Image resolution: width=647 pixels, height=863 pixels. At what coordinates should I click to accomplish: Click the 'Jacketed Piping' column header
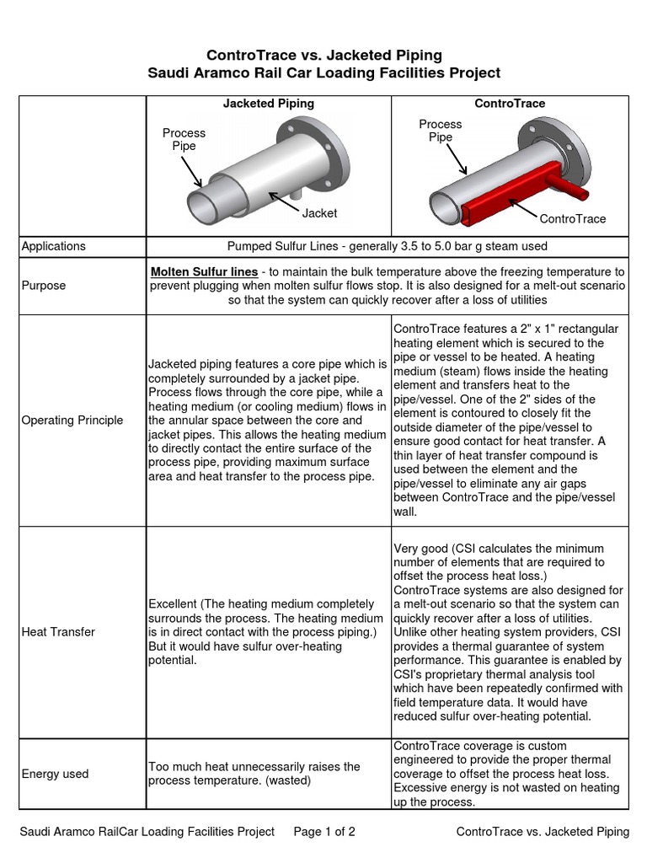(x=268, y=103)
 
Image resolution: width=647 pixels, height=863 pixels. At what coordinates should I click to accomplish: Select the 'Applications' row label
(x=53, y=246)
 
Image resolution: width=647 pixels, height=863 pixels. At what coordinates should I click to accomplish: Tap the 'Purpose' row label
(x=44, y=285)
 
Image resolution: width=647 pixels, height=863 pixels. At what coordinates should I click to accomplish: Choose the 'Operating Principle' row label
(x=72, y=420)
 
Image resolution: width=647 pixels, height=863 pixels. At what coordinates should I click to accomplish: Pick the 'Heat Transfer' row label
(x=58, y=631)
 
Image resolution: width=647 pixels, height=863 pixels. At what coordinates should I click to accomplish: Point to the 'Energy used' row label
(x=55, y=774)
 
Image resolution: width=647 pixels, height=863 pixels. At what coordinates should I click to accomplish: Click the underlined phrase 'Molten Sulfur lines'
(x=204, y=271)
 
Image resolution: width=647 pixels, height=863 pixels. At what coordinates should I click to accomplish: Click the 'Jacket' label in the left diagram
(x=319, y=213)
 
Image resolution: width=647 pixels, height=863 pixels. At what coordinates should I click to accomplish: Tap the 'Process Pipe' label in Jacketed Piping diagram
(x=184, y=139)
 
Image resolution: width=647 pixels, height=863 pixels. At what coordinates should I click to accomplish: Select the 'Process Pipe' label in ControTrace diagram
(x=440, y=131)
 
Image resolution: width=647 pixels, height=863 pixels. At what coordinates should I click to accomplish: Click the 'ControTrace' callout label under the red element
(x=572, y=218)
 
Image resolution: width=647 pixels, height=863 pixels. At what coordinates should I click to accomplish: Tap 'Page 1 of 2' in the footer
(x=324, y=832)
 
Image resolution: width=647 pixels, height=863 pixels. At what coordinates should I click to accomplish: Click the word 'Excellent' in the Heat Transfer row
(x=174, y=604)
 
